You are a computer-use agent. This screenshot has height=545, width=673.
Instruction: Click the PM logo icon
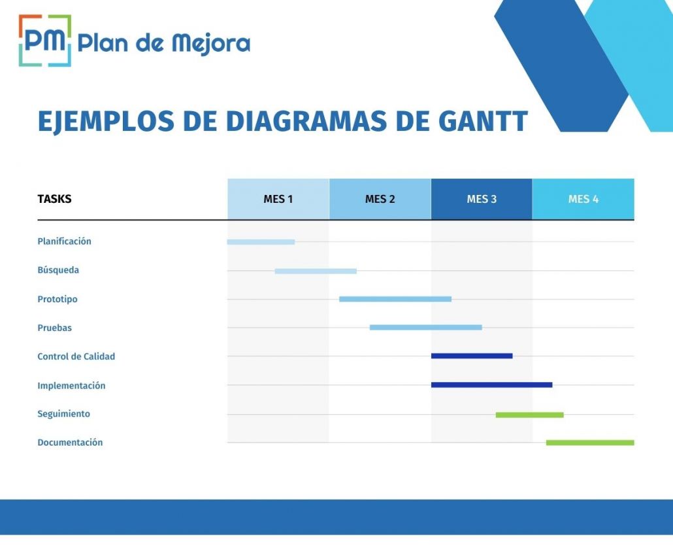45,41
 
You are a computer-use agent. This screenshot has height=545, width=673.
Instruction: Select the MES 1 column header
278,199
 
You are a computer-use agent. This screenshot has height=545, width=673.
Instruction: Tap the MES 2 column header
380,199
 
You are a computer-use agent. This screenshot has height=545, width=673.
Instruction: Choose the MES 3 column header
482,199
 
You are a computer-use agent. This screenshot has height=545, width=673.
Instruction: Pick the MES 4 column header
583,199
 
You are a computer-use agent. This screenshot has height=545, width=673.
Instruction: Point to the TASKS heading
54,199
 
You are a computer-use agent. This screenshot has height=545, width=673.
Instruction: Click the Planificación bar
261,242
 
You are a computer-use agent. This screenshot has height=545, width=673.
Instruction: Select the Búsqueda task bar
316,272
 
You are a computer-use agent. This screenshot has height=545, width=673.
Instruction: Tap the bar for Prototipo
395,299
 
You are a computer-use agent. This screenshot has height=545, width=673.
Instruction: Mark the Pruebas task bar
426,328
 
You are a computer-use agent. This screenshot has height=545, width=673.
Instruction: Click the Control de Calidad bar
472,356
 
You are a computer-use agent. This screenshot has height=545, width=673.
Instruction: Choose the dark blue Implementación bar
492,385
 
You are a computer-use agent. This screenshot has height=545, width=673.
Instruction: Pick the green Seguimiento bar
530,415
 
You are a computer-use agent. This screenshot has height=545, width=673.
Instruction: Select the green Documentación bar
590,443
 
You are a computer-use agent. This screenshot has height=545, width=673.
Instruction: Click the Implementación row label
71,385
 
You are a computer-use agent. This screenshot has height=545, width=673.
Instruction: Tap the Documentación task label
70,443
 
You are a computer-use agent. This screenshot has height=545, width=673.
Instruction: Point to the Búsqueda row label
58,270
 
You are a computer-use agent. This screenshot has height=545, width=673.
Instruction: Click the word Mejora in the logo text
211,44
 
